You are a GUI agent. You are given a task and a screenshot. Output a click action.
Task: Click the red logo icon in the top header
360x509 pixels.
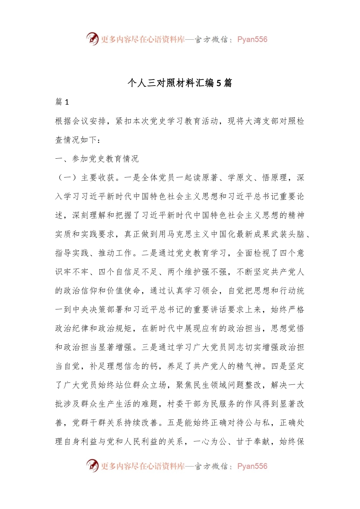[x=92, y=39]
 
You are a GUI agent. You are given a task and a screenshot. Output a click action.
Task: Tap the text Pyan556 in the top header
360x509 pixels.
[x=252, y=39]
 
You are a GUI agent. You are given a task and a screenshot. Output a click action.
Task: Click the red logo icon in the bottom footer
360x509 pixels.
[x=92, y=465]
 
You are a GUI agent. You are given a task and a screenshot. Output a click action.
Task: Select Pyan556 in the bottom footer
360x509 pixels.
[x=252, y=466]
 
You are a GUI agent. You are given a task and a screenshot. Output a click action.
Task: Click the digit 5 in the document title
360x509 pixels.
[x=219, y=83]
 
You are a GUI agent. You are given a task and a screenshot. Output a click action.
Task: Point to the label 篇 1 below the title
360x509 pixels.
[x=62, y=102]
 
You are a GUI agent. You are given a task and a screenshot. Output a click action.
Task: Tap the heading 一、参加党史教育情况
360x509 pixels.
[x=97, y=159]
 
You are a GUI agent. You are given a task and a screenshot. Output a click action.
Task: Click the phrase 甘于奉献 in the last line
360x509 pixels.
[x=254, y=442]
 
